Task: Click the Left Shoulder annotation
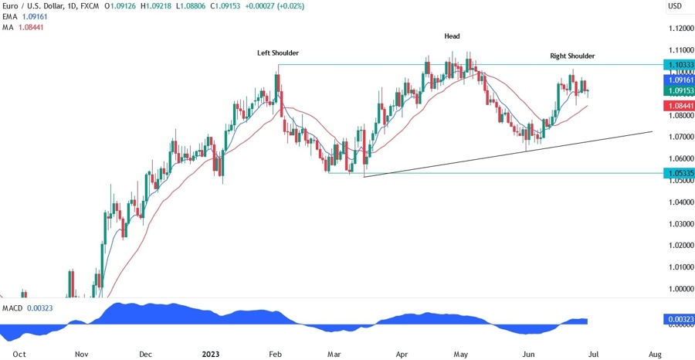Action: pyautogui.click(x=278, y=53)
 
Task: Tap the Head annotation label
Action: pyautogui.click(x=453, y=36)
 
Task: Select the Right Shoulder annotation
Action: pyautogui.click(x=572, y=56)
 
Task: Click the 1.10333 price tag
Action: pyautogui.click(x=679, y=64)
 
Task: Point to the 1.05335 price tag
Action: pyautogui.click(x=679, y=173)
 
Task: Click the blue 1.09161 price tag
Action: pyautogui.click(x=679, y=80)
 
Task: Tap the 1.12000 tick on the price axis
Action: pyautogui.click(x=679, y=29)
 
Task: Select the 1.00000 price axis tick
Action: pyautogui.click(x=679, y=289)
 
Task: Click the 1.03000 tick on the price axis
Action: pyautogui.click(x=679, y=224)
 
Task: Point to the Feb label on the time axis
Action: pyautogui.click(x=274, y=354)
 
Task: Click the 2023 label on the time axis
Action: pyautogui.click(x=211, y=354)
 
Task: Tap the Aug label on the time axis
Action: pyautogui.click(x=654, y=354)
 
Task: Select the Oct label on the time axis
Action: pyautogui.click(x=20, y=354)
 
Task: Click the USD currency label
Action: pyautogui.click(x=675, y=6)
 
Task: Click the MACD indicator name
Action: pyautogui.click(x=12, y=308)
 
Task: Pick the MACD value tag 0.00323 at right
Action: pyautogui.click(x=679, y=318)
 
